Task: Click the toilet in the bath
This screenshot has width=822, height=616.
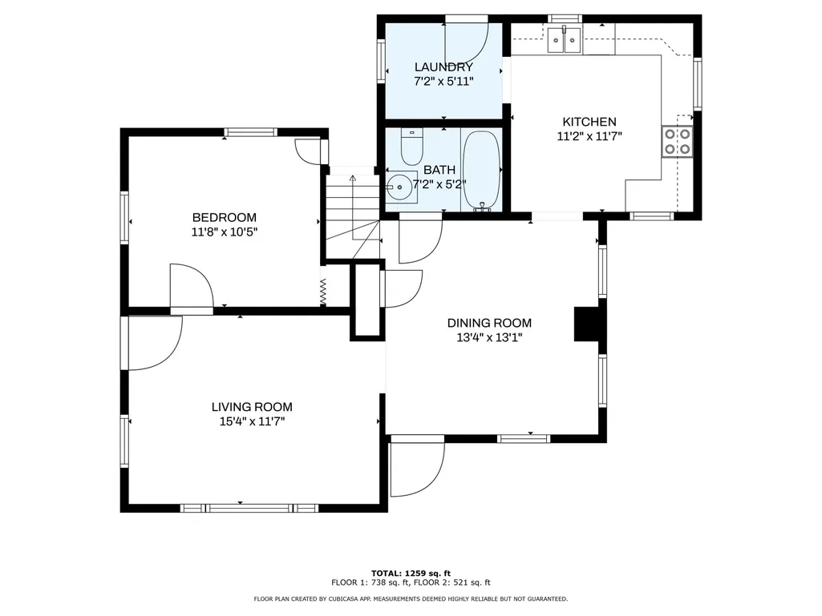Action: (411, 147)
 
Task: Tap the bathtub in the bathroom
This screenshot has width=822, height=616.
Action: (482, 171)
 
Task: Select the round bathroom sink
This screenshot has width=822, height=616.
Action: (399, 186)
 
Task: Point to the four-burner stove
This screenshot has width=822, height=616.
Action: (678, 142)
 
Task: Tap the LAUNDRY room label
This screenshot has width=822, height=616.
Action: (443, 67)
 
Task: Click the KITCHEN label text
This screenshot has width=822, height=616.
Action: (589, 122)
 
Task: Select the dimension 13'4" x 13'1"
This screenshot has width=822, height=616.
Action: (489, 338)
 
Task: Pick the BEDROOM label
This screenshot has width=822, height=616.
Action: (225, 217)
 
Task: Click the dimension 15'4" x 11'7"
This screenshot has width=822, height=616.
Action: (252, 421)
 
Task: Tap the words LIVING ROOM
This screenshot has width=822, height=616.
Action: (252, 407)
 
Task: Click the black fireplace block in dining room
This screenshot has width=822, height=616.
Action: (587, 324)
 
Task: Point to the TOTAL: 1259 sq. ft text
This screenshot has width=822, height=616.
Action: (411, 573)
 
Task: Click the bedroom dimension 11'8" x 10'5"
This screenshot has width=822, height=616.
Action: (225, 232)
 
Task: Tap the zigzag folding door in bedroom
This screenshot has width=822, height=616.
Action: (323, 292)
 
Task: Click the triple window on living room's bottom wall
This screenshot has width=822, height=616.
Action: (249, 508)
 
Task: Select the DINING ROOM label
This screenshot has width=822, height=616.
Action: (489, 323)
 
